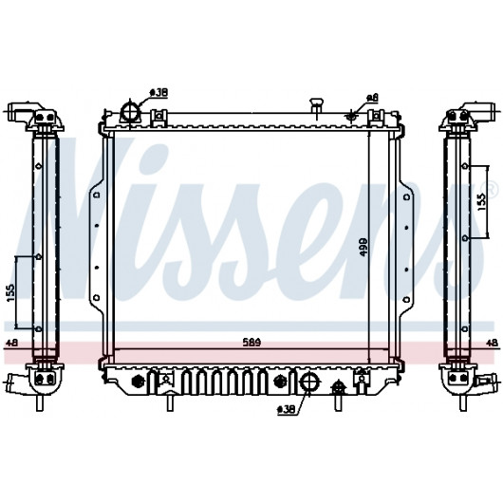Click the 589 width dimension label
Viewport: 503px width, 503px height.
coord(252,343)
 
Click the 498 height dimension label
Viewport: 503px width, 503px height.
coord(363,247)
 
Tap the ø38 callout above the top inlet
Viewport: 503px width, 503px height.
coord(159,93)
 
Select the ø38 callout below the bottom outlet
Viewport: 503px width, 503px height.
coord(287,410)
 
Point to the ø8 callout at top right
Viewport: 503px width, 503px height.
coord(373,97)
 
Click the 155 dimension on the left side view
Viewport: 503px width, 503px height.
coord(10,292)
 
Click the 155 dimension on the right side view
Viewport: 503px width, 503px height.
coord(482,202)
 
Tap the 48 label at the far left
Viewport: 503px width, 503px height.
coord(12,343)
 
